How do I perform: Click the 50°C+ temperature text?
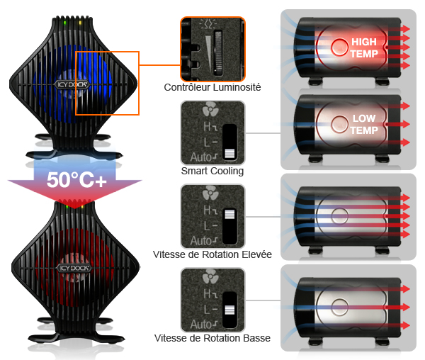[x=76, y=180]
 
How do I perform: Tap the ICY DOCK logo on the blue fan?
[x=72, y=84]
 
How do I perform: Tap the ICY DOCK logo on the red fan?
[x=74, y=268]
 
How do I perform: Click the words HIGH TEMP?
[x=364, y=47]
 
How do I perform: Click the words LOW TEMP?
[x=364, y=124]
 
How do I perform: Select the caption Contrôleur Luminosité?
[x=212, y=87]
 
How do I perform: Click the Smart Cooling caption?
[x=212, y=171]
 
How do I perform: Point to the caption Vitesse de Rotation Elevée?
[x=212, y=254]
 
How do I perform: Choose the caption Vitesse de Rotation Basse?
[x=212, y=338]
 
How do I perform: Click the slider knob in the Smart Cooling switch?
[x=229, y=154]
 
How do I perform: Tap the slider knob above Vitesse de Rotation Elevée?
[x=229, y=214]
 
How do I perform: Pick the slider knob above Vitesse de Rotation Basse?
[x=229, y=310]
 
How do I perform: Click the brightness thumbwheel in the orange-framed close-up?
[x=218, y=53]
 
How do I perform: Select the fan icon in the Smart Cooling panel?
[x=210, y=109]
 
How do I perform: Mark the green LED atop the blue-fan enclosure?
[x=64, y=23]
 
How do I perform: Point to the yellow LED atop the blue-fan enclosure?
[x=80, y=23]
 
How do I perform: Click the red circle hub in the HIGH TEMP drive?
[x=339, y=47]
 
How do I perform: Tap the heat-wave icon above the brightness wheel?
[x=208, y=24]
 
